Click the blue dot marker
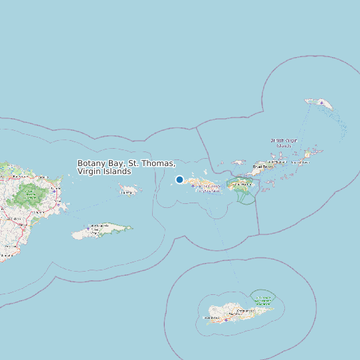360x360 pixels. coord(179,179)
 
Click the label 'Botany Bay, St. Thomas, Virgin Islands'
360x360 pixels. coord(126,167)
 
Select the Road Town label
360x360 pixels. coord(264,167)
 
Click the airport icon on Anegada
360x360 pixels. coord(322,102)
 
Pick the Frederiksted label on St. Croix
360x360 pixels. coord(213,318)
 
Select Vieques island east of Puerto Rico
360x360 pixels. coord(100,232)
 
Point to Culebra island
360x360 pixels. coord(128,191)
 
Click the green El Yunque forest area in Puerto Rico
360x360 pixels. coord(29,195)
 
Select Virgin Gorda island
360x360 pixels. coord(307,155)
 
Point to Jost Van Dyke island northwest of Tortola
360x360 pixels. coord(238,162)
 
